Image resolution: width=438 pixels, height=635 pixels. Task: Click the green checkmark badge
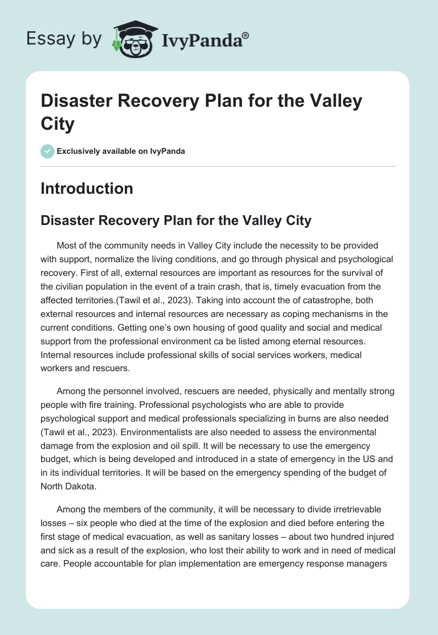(x=47, y=151)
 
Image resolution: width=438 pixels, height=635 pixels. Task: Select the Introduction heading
(x=87, y=188)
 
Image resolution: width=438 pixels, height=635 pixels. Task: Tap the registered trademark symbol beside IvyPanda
(x=246, y=34)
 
